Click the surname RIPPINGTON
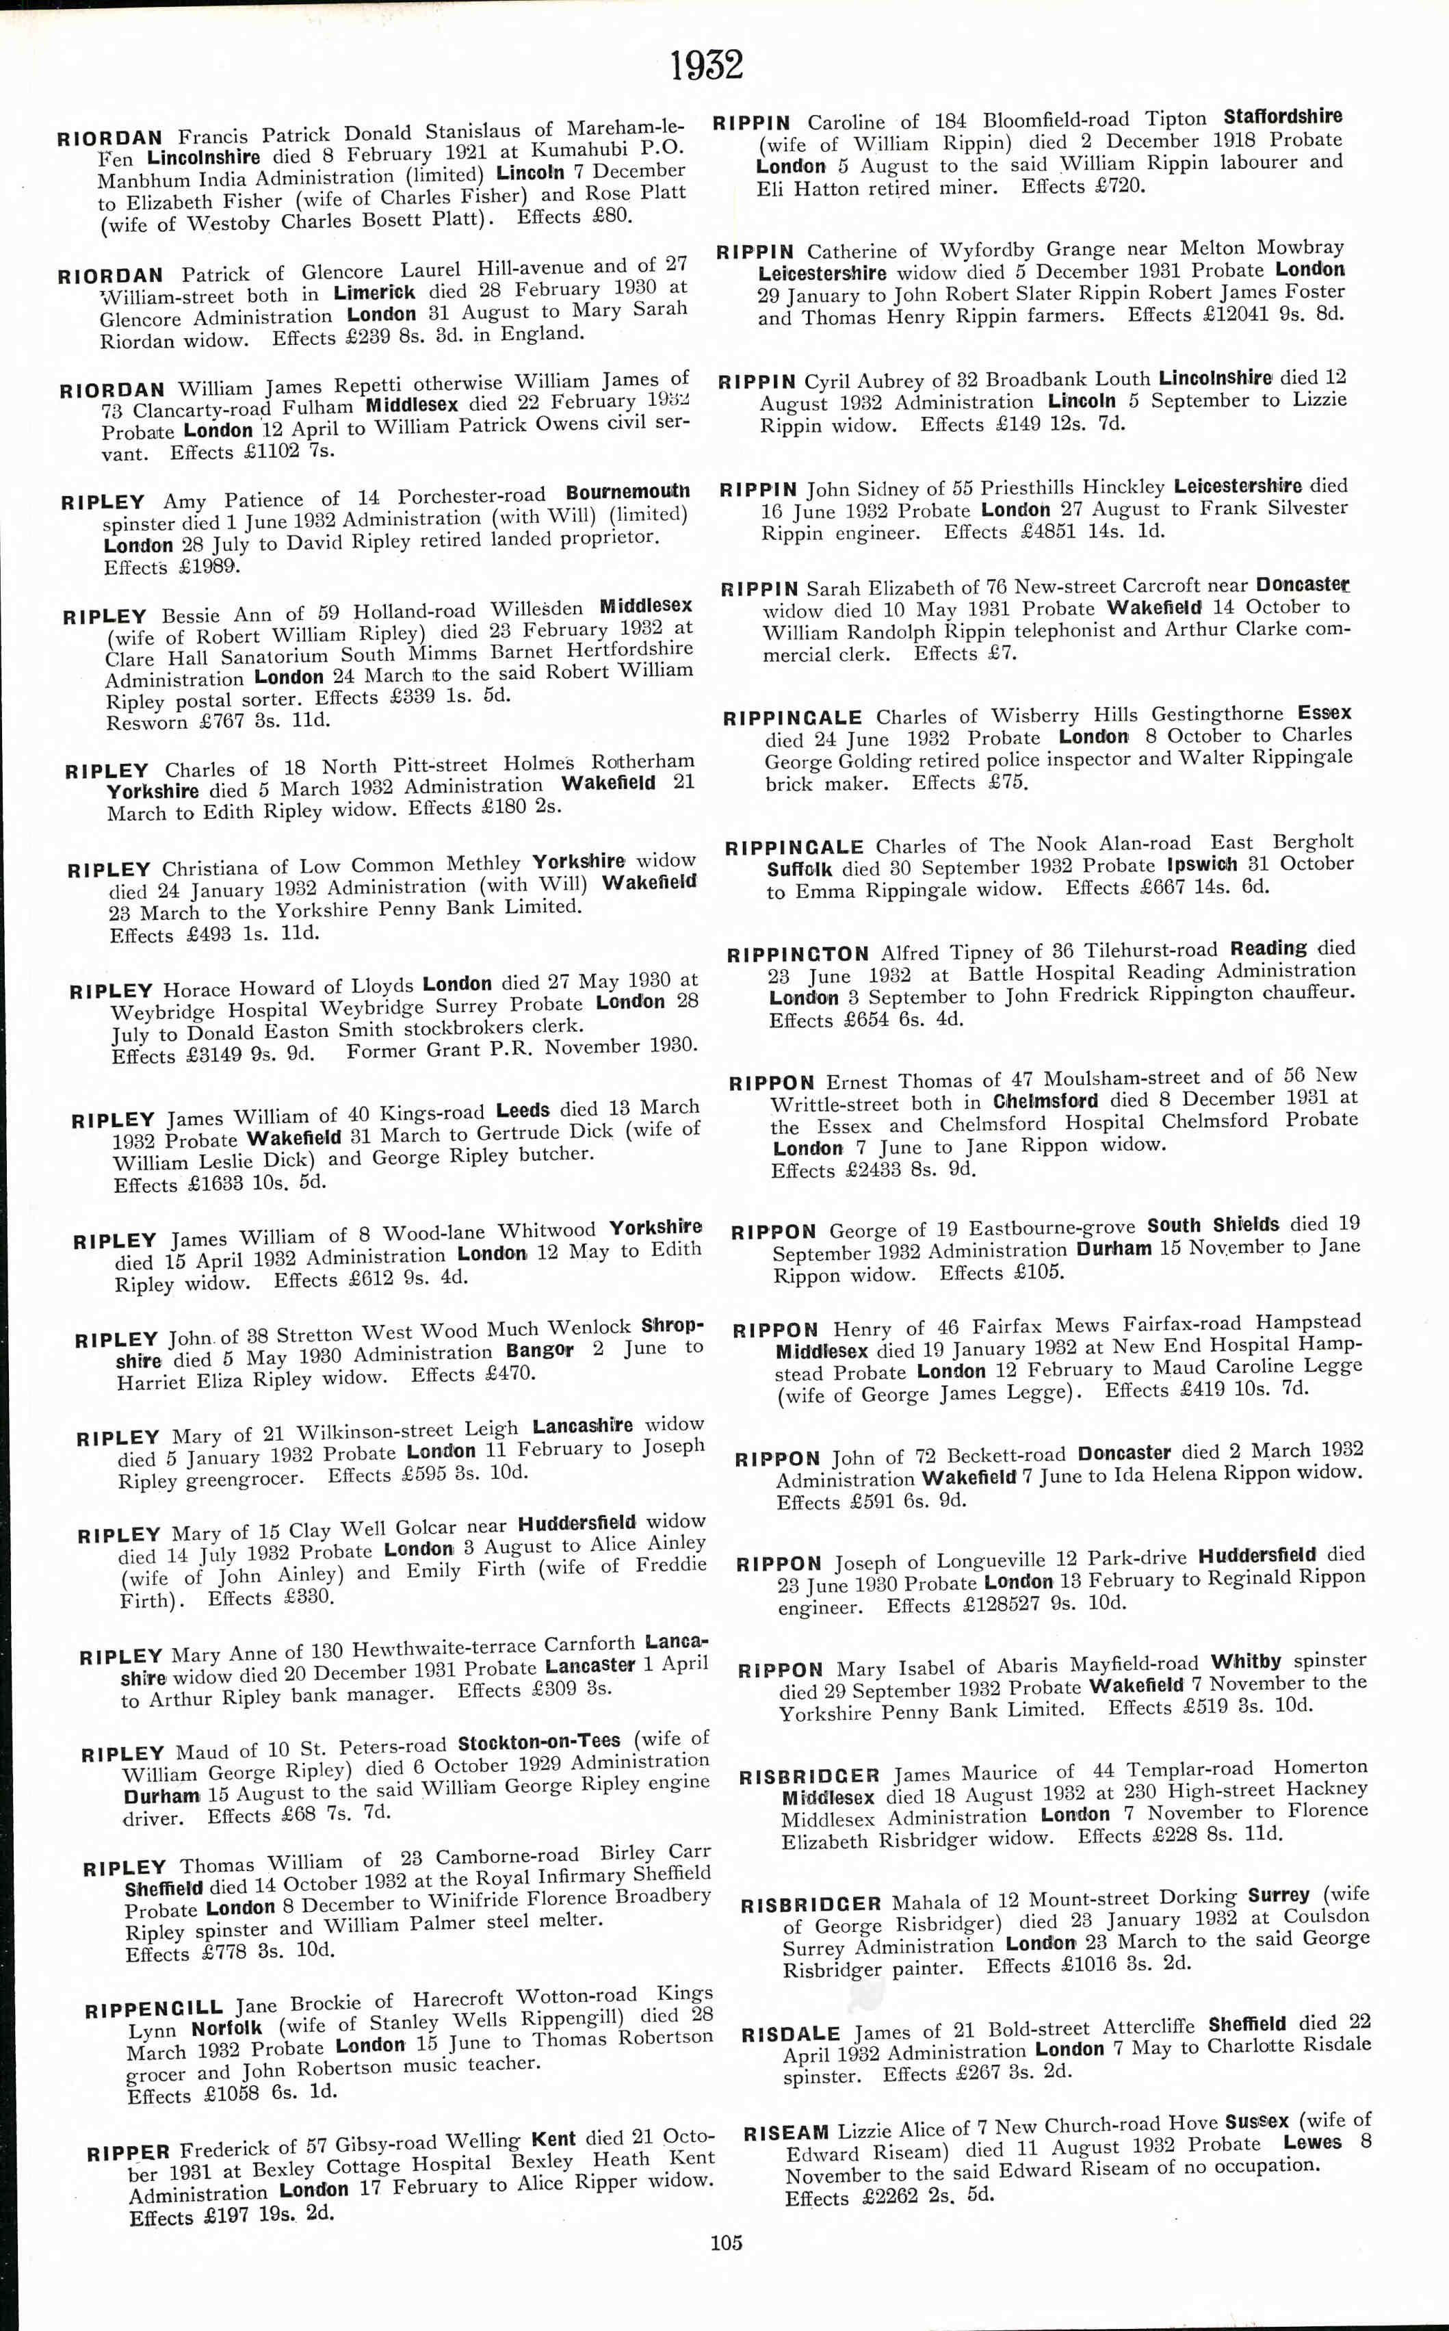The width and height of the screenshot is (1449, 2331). [x=797, y=955]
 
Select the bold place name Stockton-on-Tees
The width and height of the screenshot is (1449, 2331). [x=538, y=1742]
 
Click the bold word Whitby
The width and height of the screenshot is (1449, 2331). [x=1246, y=1661]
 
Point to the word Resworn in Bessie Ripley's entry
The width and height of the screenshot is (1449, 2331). [x=146, y=723]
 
